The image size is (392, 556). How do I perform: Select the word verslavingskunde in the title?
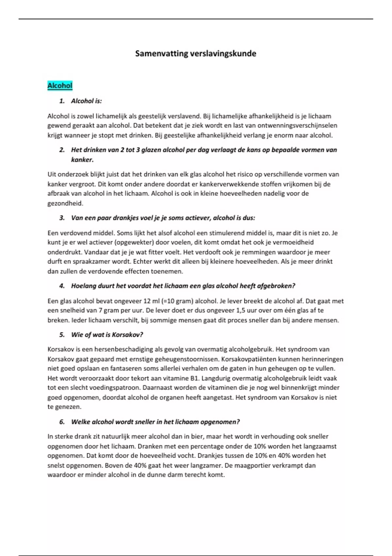(223, 54)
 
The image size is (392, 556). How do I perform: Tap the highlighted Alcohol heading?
(60, 86)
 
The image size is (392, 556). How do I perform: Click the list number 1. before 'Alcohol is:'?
(62, 101)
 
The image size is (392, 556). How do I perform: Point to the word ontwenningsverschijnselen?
(297, 126)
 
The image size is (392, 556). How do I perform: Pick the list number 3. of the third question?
(62, 218)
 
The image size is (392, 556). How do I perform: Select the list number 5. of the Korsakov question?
(62, 335)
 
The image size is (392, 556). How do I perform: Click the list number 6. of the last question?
(62, 422)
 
